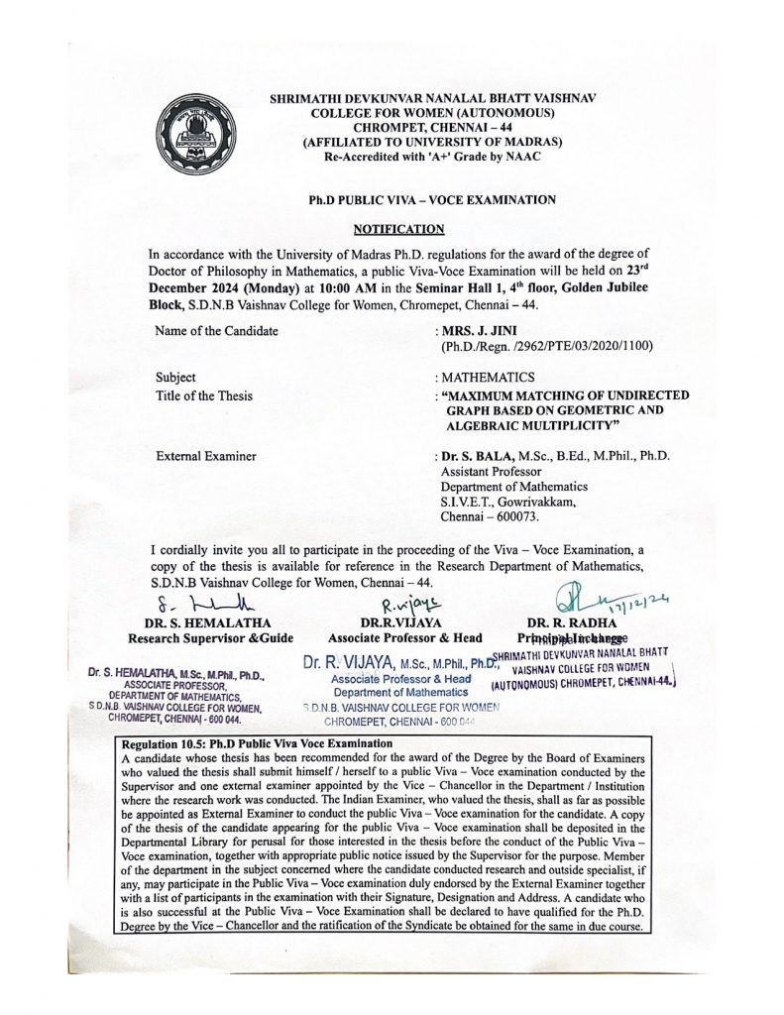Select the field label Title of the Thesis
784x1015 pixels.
204,396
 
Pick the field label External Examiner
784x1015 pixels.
206,456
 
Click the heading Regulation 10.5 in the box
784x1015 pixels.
167,742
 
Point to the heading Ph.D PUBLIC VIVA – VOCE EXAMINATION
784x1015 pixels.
431,199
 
